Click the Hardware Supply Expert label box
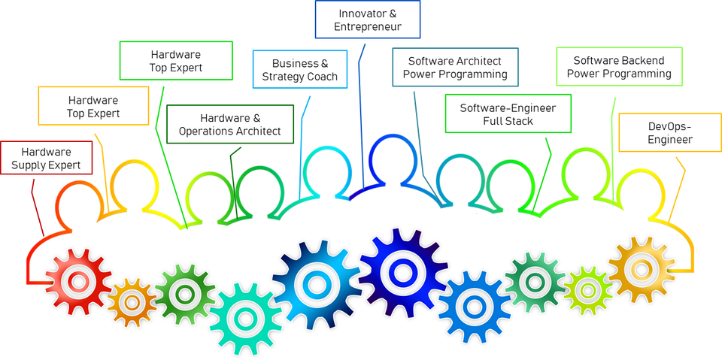click(46, 158)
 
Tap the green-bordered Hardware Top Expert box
click(176, 61)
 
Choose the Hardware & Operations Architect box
click(229, 125)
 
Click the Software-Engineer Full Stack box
click(508, 113)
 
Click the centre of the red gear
click(78, 283)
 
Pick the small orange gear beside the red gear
click(132, 302)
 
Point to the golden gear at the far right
click(641, 269)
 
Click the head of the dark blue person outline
click(392, 158)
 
